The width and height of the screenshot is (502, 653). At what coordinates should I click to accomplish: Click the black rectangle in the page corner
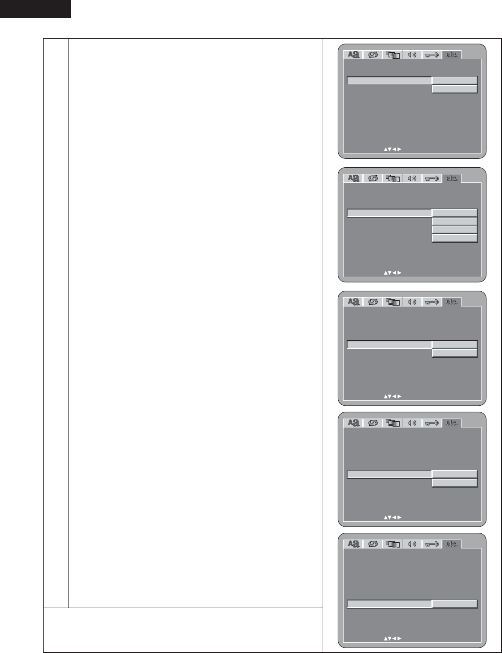(35, 8)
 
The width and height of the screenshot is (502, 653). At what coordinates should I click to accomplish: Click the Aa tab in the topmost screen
(353, 55)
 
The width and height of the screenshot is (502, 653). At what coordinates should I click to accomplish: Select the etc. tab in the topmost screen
(452, 55)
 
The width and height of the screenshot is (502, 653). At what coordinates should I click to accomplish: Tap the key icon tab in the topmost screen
(432, 55)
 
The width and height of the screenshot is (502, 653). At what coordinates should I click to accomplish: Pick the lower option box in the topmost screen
(454, 89)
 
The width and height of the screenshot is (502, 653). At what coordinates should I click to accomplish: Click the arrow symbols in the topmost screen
(393, 149)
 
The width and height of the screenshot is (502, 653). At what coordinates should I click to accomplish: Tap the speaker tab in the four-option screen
(412, 178)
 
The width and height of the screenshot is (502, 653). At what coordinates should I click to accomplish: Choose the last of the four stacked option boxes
(454, 238)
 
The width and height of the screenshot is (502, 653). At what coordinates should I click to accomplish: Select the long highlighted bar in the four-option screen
(389, 213)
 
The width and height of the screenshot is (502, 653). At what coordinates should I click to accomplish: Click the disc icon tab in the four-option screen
(373, 178)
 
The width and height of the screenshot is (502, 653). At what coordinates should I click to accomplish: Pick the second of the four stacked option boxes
(454, 222)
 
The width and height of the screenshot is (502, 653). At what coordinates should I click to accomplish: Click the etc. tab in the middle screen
(452, 302)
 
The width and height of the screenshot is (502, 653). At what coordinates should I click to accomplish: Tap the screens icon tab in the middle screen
(393, 302)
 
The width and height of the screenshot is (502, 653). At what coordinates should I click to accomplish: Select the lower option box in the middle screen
(454, 353)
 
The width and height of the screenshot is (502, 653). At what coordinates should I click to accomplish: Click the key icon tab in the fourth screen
(432, 423)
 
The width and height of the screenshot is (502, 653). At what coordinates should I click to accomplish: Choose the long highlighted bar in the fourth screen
(389, 474)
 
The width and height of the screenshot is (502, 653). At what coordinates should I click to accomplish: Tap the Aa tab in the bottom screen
(353, 544)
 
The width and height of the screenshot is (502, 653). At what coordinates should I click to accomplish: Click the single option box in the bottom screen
(454, 604)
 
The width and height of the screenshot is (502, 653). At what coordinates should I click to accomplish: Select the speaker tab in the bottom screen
(412, 544)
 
